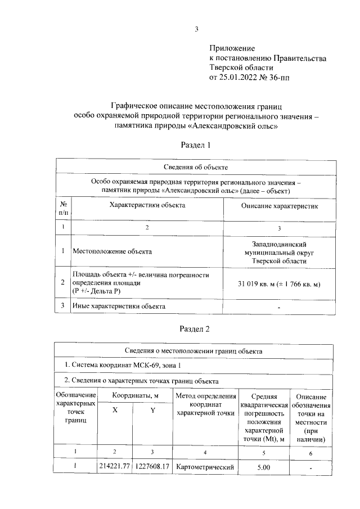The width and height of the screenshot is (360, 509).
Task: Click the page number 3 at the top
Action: pos(196,29)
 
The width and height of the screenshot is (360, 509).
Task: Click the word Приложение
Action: pos(232,49)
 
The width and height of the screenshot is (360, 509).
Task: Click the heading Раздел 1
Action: pos(195,145)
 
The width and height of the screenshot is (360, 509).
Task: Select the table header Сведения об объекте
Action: pos(195,167)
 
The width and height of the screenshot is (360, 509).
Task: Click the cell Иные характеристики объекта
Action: pos(118,306)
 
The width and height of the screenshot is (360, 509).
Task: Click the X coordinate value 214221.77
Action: pos(115,466)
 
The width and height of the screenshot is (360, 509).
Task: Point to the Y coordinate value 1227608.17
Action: pos(152,466)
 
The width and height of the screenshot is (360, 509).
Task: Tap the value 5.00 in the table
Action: pos(263,466)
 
